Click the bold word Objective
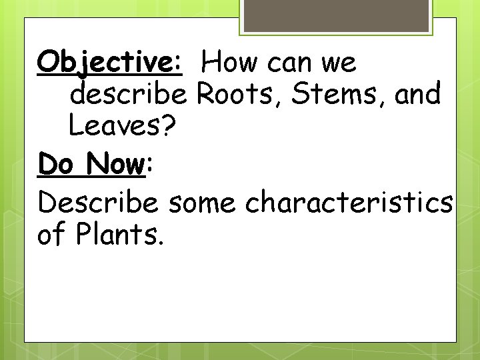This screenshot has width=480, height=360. [x=105, y=63]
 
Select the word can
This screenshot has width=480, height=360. [x=290, y=63]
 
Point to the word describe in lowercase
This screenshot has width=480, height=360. [x=129, y=95]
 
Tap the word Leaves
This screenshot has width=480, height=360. [x=114, y=127]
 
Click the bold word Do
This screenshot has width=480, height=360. [x=55, y=164]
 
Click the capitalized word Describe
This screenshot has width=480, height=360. [x=98, y=201]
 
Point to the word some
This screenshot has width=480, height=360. [x=202, y=201]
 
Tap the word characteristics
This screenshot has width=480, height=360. [x=349, y=201]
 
